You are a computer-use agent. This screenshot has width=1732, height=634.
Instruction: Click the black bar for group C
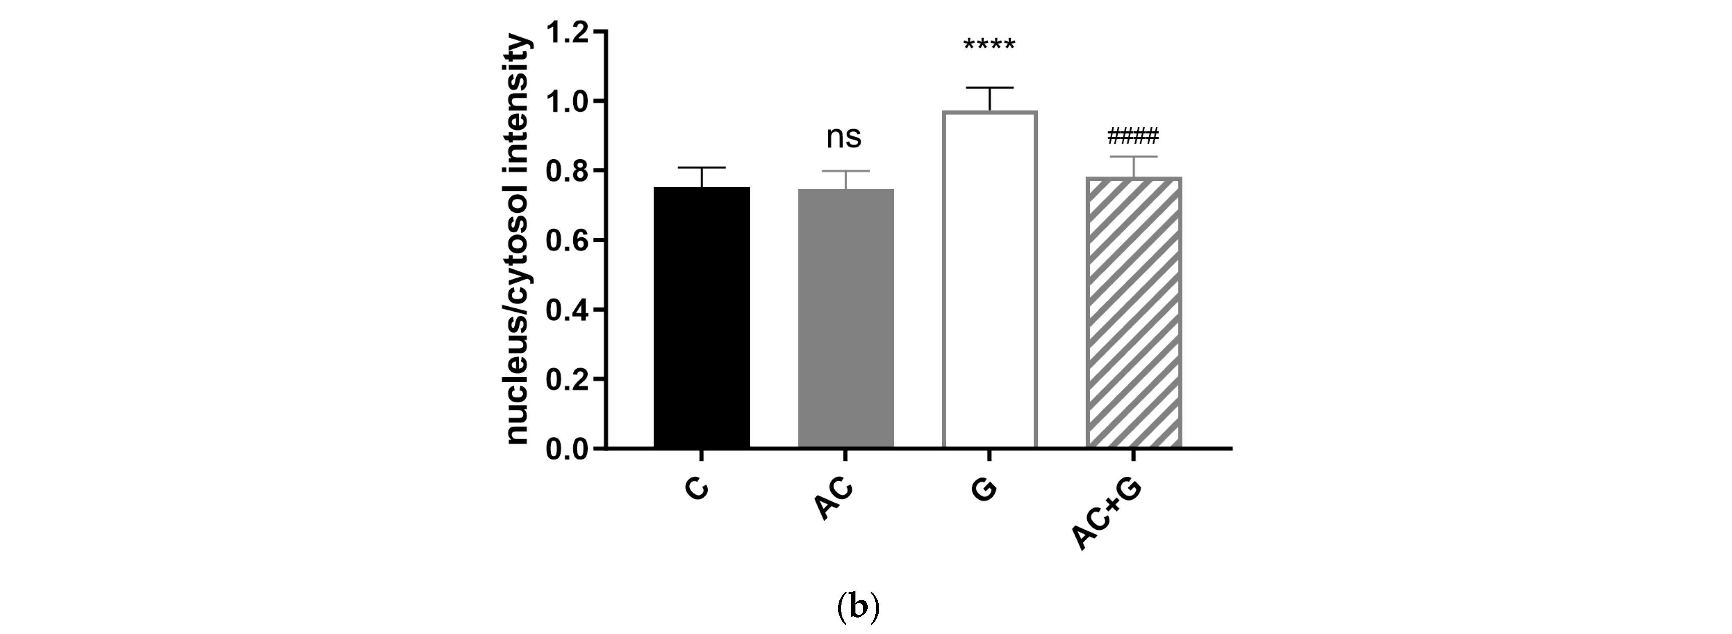pos(701,317)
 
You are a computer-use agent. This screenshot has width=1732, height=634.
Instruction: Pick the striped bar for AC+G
pos(1134,313)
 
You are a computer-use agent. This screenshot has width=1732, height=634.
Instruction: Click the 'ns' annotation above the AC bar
pos(844,137)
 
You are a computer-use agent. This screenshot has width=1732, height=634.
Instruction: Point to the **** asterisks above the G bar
pos(989,46)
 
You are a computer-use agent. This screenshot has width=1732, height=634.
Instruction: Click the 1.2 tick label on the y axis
pos(566,32)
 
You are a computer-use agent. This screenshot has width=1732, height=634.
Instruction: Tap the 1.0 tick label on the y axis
pos(566,101)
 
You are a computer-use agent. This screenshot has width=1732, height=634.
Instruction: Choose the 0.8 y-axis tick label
pos(566,171)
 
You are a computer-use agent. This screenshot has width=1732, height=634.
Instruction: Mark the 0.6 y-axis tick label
pos(566,241)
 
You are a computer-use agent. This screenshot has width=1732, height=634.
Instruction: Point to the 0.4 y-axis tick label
pos(566,310)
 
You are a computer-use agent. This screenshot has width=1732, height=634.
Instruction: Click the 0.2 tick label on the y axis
pos(566,380)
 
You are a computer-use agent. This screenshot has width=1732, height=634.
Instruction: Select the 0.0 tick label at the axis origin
pos(566,449)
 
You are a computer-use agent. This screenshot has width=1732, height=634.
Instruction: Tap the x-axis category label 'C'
pos(697,489)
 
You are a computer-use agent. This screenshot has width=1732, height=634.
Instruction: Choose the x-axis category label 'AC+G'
pos(1106,514)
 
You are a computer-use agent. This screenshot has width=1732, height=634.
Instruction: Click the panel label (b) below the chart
pos(858,608)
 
